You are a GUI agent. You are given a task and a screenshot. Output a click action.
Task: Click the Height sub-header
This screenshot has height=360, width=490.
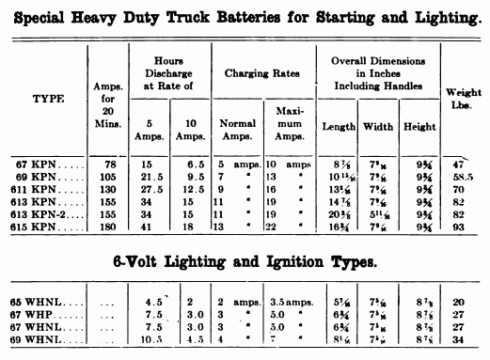[417, 126]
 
